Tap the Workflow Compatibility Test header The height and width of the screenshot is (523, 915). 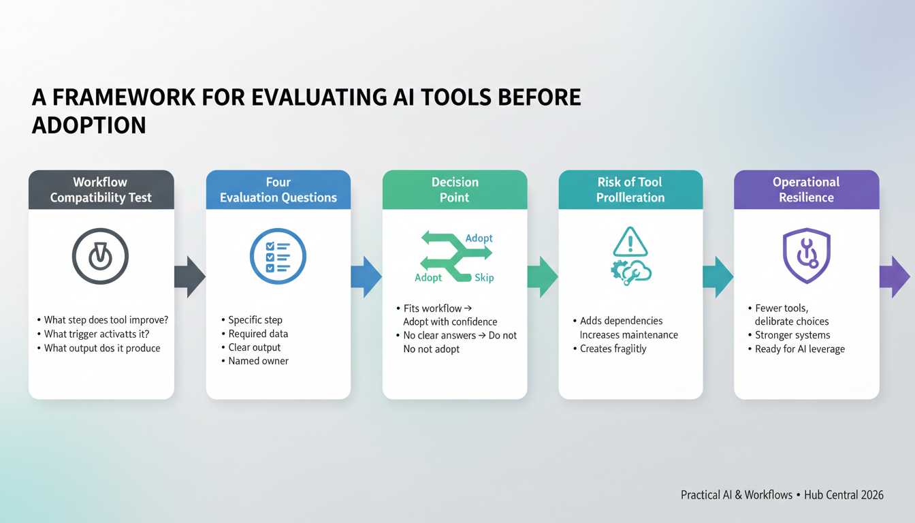pyautogui.click(x=101, y=189)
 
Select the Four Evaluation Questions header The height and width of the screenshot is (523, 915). pyautogui.click(x=278, y=189)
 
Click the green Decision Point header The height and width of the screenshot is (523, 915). pyautogui.click(x=454, y=189)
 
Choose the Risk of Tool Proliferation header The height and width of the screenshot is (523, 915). pyautogui.click(x=630, y=189)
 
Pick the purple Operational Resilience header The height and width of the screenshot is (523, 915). pyautogui.click(x=806, y=189)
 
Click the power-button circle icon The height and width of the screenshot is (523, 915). pyautogui.click(x=101, y=256)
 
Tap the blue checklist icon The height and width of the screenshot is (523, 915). pyautogui.click(x=278, y=256)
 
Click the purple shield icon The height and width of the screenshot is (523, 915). pyautogui.click(x=806, y=256)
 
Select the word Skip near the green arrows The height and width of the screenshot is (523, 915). pyautogui.click(x=484, y=278)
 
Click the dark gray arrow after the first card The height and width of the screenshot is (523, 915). pyautogui.click(x=190, y=276)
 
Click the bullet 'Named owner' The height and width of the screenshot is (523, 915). pyautogui.click(x=258, y=361)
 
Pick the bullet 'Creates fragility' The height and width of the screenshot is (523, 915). pyautogui.click(x=613, y=349)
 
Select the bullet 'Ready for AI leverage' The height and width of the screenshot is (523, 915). pyautogui.click(x=799, y=349)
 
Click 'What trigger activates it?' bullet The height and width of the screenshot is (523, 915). pyautogui.click(x=97, y=334)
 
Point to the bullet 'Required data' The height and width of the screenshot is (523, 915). pyautogui.click(x=258, y=334)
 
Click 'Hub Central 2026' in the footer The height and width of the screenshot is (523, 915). pyautogui.click(x=844, y=495)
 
